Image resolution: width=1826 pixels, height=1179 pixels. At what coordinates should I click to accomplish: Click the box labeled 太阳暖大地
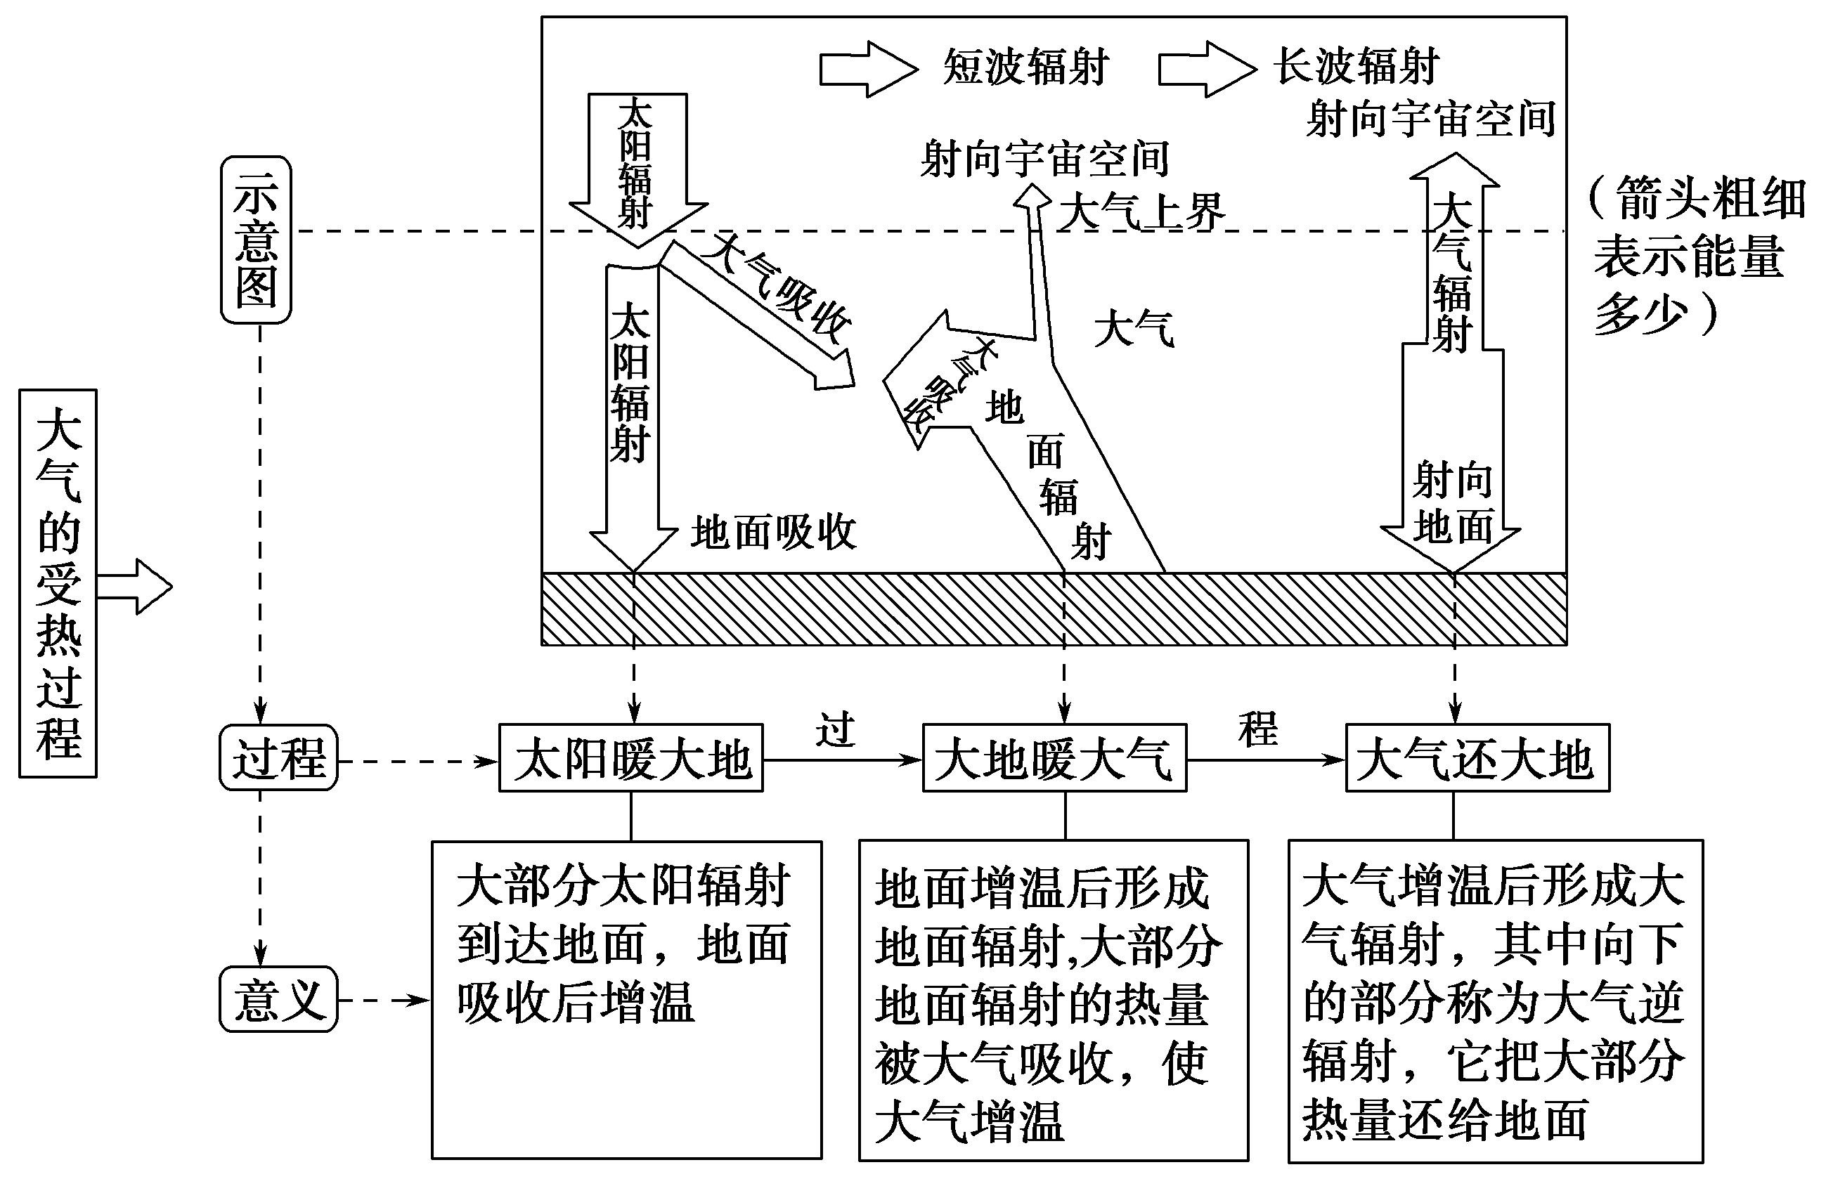(631, 758)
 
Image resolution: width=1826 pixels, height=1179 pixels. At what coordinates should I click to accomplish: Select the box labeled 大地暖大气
(1054, 758)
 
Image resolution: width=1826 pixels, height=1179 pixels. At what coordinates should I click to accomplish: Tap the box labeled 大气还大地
(1477, 758)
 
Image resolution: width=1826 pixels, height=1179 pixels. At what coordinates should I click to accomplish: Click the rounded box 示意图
(256, 240)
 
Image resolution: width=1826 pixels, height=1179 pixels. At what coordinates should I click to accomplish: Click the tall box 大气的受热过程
(58, 583)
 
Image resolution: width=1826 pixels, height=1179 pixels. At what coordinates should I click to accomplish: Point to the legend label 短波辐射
(1026, 67)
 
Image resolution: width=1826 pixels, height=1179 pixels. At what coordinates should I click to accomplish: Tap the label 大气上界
(1141, 211)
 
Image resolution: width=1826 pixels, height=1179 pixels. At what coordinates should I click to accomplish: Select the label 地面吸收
(773, 532)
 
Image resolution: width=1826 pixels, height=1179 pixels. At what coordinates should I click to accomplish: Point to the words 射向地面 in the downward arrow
(1452, 503)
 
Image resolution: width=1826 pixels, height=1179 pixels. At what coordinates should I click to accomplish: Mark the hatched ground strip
(1054, 609)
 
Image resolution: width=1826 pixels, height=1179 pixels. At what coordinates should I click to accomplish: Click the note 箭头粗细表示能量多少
(1696, 256)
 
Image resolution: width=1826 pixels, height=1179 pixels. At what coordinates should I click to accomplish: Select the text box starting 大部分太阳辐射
(626, 1000)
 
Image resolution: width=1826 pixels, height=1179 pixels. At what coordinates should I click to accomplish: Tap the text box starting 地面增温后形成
(1054, 1000)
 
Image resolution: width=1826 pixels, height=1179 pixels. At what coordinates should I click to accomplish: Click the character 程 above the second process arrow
(1258, 728)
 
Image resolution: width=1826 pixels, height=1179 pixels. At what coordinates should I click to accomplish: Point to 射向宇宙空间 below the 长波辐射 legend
(1430, 119)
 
